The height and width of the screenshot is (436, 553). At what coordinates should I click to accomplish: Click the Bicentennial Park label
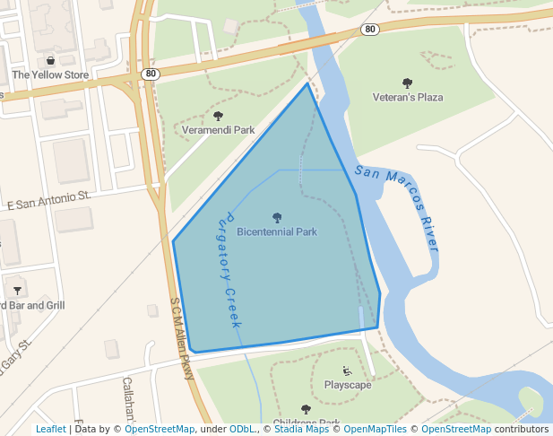coord(276,231)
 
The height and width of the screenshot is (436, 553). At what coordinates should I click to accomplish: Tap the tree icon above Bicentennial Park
coord(276,217)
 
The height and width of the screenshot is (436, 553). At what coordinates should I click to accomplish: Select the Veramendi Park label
coord(218,130)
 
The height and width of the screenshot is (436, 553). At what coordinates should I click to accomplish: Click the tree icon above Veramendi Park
coord(218,116)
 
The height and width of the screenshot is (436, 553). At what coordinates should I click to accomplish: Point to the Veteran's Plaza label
coord(408,97)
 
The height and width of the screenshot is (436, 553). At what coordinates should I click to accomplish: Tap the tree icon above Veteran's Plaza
coord(408,83)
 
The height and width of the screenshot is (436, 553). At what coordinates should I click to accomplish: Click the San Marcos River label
coord(397,207)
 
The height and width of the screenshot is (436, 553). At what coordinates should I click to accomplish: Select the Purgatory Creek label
coord(229,270)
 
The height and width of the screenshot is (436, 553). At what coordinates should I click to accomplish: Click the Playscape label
coord(348,385)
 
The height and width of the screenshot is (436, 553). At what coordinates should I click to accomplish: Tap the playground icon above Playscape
coord(348,371)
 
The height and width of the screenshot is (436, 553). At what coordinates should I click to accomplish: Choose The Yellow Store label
coord(50,75)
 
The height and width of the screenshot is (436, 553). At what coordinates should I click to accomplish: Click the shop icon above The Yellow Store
coord(50,61)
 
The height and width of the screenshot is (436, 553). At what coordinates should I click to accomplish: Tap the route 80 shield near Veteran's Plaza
coord(370,30)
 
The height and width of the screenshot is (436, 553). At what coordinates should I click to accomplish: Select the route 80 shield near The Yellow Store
coord(150,73)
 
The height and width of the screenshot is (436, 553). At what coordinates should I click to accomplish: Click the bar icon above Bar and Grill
coord(18,290)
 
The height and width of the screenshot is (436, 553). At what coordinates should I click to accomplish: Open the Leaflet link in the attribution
coord(50,429)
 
